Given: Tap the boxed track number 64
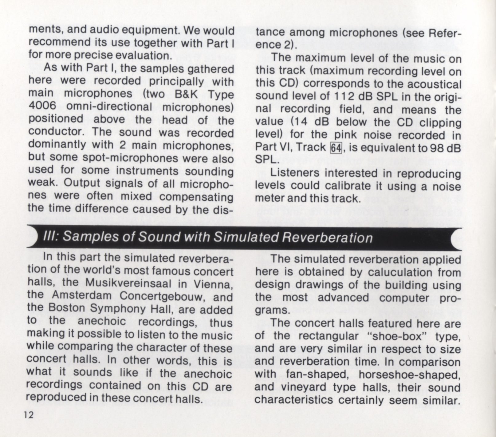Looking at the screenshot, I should (x=336, y=148).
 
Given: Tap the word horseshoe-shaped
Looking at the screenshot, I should (x=409, y=375).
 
